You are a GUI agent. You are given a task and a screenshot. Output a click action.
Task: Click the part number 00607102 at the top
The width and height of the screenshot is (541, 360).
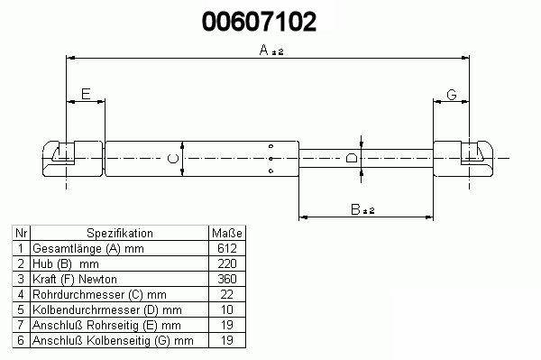259,22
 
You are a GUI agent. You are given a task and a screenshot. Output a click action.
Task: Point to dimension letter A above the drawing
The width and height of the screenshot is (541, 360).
264,50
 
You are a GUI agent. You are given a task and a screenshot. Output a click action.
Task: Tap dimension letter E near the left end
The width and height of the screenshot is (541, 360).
86,94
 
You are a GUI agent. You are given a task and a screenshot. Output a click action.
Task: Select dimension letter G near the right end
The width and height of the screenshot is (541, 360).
452,94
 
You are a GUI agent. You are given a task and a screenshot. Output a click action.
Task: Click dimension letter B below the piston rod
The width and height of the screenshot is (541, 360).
355,209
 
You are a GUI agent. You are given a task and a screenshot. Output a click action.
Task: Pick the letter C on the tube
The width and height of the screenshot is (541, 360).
172,159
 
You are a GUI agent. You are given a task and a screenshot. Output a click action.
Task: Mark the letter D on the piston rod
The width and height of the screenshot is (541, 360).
352,158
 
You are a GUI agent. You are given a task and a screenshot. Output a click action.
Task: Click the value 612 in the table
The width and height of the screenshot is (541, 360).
227,248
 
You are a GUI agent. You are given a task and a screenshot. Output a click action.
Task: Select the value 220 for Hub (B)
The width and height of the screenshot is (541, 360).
227,263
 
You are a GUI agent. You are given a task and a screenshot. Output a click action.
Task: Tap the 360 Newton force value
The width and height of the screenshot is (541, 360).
227,279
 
